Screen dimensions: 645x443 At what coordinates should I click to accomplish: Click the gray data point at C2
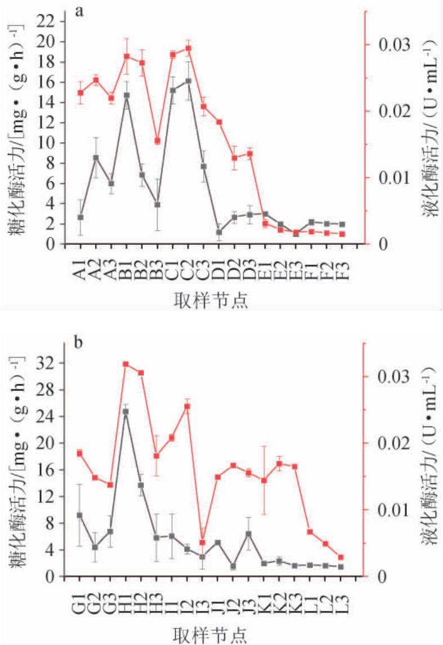tap(188, 81)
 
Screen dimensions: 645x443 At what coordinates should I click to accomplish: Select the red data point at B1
tap(127, 56)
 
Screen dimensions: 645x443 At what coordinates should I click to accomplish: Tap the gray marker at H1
tap(126, 412)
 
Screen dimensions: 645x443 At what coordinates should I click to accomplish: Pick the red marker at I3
tap(202, 542)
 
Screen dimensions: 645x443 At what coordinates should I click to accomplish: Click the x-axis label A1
tap(80, 265)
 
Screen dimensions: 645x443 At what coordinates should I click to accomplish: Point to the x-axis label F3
tap(342, 265)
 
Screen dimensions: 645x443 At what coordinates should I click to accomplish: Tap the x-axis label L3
tap(341, 598)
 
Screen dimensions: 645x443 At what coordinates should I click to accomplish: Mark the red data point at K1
tap(263, 481)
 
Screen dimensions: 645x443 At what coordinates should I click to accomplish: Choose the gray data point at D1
tap(220, 232)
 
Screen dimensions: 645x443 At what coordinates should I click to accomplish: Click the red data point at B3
tap(158, 141)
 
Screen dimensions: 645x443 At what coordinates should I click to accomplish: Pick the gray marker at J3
tap(248, 533)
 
